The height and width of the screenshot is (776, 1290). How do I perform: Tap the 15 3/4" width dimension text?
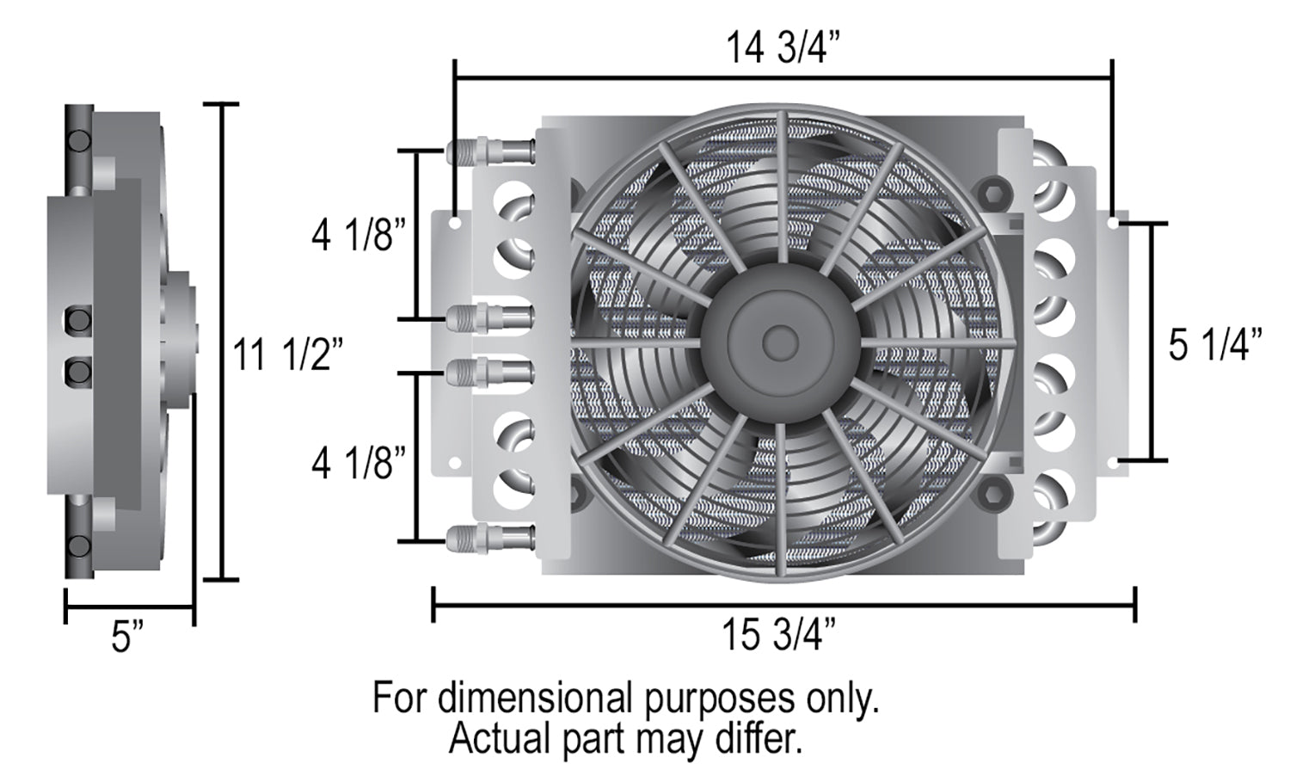coord(778,635)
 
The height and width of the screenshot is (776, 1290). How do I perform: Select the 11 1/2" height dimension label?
coord(288,354)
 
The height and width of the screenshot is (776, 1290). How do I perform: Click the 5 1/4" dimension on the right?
coord(1215,344)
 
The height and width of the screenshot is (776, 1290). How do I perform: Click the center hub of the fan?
coord(780,342)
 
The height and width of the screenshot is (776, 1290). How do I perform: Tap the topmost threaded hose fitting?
coord(490,151)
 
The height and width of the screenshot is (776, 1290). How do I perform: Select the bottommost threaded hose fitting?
coord(490,537)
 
